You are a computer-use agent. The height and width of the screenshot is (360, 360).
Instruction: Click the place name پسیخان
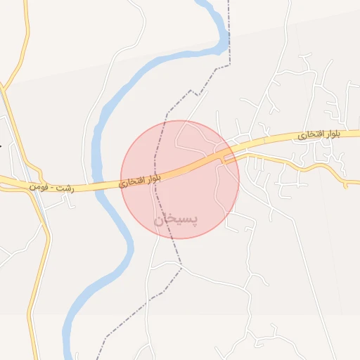176,219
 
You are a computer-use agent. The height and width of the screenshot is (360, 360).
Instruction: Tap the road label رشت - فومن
51,188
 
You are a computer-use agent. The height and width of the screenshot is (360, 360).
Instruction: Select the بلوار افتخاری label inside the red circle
140,180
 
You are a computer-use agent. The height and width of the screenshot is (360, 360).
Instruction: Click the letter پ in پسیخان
193,218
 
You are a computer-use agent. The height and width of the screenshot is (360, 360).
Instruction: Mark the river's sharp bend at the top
224,42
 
